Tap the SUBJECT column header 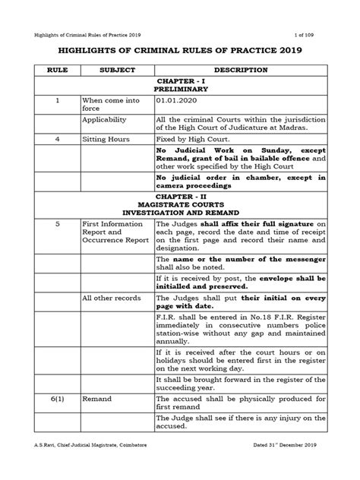coord(115,70)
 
